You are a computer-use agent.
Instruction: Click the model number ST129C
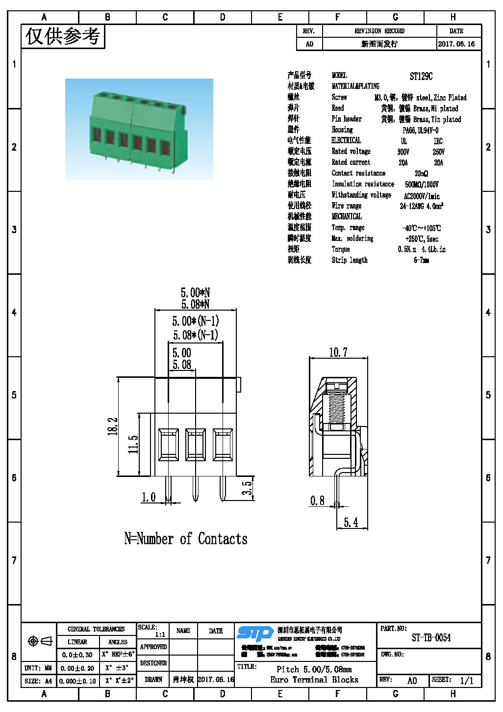click(421, 76)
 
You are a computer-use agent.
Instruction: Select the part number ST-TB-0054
click(431, 638)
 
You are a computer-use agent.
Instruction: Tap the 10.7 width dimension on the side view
click(338, 352)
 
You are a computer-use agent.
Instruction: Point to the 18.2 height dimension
click(113, 426)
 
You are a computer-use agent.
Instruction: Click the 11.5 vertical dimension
click(133, 444)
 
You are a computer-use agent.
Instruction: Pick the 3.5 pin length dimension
click(248, 488)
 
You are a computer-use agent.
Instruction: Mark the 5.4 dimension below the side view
click(351, 522)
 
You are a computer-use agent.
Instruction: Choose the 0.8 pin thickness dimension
click(317, 501)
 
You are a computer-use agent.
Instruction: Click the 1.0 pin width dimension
click(149, 497)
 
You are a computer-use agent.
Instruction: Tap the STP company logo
click(255, 633)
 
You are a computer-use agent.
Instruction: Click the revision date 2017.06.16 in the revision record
click(456, 44)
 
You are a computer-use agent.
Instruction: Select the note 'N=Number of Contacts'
click(186, 539)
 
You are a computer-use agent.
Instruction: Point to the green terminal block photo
click(139, 129)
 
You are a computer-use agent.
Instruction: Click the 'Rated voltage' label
click(351, 151)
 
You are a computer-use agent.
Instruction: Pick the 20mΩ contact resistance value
click(421, 173)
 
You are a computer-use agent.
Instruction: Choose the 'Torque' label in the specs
click(341, 249)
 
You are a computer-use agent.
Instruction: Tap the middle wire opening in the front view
click(196, 444)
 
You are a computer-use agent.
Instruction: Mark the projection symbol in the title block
click(40, 641)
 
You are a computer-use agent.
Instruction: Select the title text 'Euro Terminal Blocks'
click(314, 680)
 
